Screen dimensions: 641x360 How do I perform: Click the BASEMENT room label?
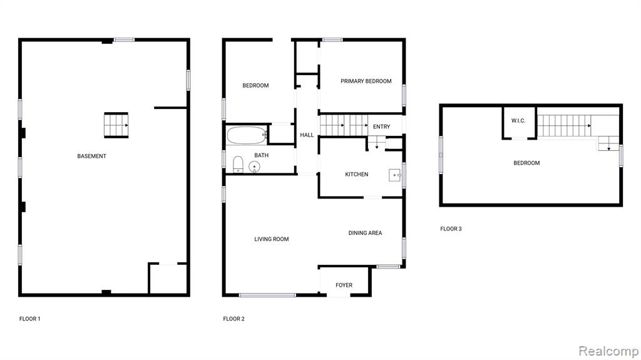point(91,156)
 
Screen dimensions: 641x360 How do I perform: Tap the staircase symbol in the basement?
point(116,125)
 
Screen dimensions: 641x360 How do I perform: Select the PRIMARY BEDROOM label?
point(366,81)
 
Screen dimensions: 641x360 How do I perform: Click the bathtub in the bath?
point(247,135)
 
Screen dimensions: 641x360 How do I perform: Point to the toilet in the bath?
point(238,165)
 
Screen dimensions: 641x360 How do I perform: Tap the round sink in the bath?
point(254,167)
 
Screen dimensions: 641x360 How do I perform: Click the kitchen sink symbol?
point(395,175)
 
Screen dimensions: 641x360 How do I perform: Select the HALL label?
point(307,135)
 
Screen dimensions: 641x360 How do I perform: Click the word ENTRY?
point(381,127)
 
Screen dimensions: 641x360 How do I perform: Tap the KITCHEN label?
point(356,174)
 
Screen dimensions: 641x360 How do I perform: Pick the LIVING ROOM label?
point(272,239)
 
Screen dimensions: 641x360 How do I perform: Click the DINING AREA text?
point(365,233)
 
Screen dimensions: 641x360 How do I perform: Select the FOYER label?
point(344,285)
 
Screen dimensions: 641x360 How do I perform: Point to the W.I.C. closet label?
point(518,121)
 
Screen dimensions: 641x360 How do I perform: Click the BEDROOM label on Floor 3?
point(526,163)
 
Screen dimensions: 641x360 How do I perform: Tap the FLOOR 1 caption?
point(30,319)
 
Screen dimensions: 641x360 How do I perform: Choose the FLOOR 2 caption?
point(234,319)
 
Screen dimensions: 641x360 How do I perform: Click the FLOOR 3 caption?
point(451,229)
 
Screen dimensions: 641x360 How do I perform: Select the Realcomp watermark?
point(608,351)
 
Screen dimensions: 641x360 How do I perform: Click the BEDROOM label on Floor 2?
point(255,86)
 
